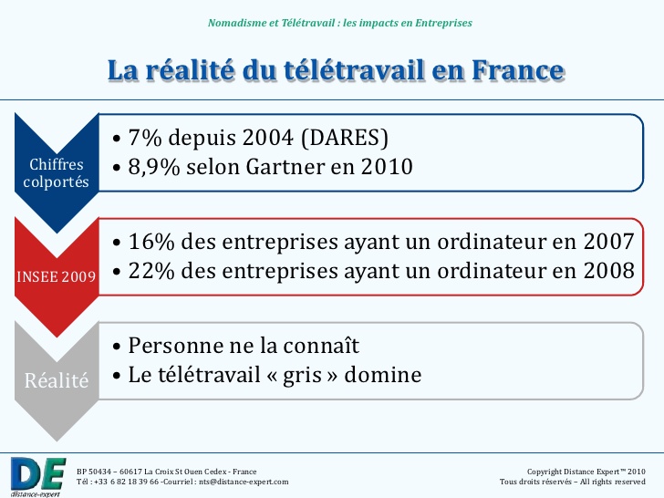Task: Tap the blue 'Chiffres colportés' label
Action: pyautogui.click(x=57, y=173)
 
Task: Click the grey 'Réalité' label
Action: pyautogui.click(x=57, y=380)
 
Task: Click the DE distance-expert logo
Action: pyautogui.click(x=37, y=472)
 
